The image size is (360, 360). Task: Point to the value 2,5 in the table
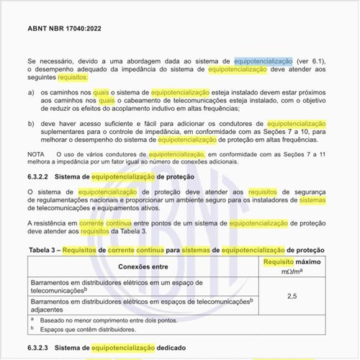292,296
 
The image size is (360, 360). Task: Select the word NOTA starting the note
35,155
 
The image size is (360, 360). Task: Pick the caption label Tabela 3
44,250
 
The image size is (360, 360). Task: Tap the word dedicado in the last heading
181,348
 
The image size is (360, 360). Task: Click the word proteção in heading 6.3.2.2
189,176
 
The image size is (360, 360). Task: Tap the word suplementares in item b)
66,133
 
